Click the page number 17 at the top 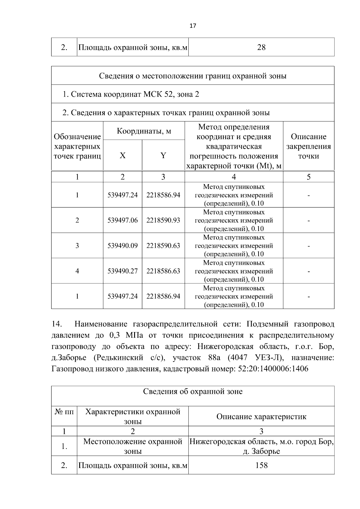pyautogui.click(x=193, y=26)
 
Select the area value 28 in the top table pyautogui.click(x=261, y=47)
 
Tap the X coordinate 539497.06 pyautogui.click(x=122, y=220)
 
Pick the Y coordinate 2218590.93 pyautogui.click(x=163, y=220)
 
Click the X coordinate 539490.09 pyautogui.click(x=122, y=246)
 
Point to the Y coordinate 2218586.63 pyautogui.click(x=163, y=271)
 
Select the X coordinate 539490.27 pyautogui.click(x=122, y=271)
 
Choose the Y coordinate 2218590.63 pyautogui.click(x=163, y=246)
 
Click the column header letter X pyautogui.click(x=122, y=156)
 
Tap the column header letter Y pyautogui.click(x=163, y=156)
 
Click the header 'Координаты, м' pyautogui.click(x=144, y=131)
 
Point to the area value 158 pyautogui.click(x=261, y=466)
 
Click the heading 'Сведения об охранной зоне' pyautogui.click(x=193, y=391)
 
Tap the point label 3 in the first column pyautogui.click(x=77, y=246)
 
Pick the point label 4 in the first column pyautogui.click(x=77, y=271)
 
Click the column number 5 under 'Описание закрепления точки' pyautogui.click(x=308, y=177)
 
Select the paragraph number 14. pyautogui.click(x=57, y=324)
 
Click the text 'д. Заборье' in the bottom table pyautogui.click(x=261, y=451)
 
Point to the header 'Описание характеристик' pyautogui.click(x=261, y=417)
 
